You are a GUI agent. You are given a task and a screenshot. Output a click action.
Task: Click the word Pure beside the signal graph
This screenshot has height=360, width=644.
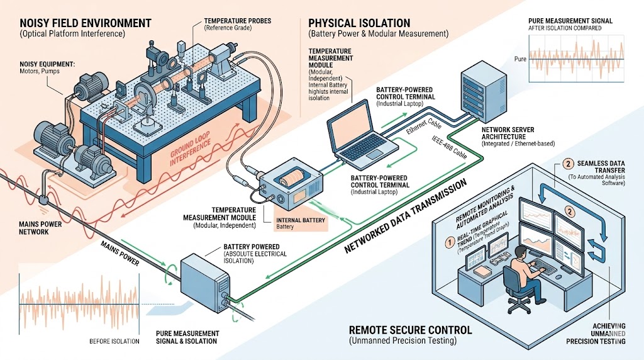[x=519, y=59]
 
